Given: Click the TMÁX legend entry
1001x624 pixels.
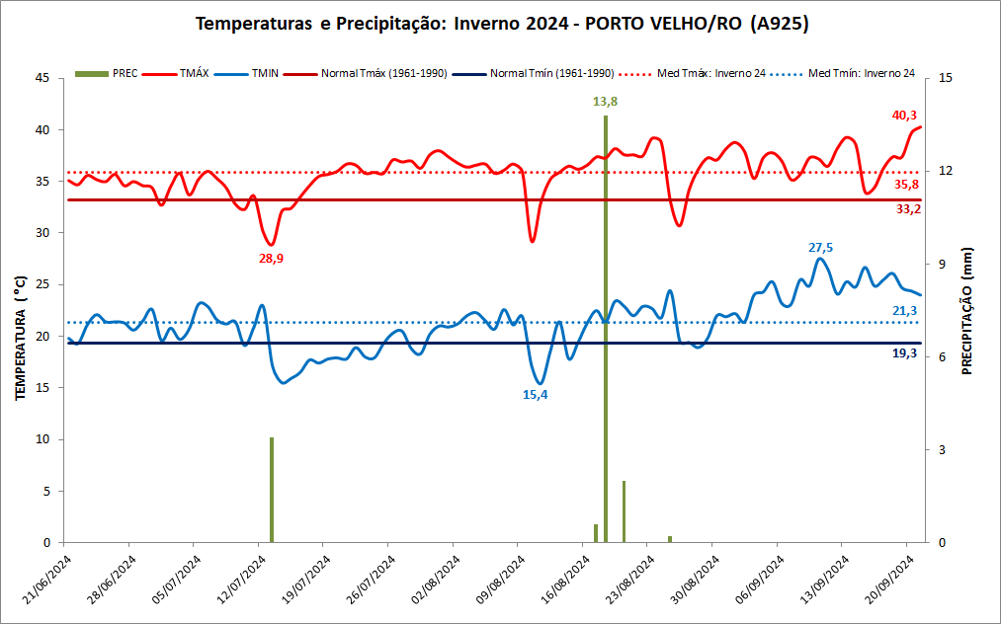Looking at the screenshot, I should [x=193, y=73].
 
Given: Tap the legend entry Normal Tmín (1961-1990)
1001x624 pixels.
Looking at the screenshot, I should [x=552, y=73].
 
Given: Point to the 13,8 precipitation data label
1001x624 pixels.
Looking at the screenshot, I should [x=606, y=101].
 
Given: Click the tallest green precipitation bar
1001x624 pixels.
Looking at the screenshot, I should [x=606, y=326].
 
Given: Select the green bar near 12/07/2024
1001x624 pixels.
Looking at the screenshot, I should [x=272, y=489].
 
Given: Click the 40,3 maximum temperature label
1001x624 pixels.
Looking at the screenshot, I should [x=904, y=116].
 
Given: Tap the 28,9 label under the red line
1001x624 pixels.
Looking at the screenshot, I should [x=271, y=258].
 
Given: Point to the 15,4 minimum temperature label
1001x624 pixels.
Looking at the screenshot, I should [x=535, y=395].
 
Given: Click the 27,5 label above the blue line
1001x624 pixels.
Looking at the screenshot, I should [x=821, y=248].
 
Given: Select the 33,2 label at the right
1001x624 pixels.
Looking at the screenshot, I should [x=906, y=209].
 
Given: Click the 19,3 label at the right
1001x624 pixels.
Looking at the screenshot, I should [x=905, y=352].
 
